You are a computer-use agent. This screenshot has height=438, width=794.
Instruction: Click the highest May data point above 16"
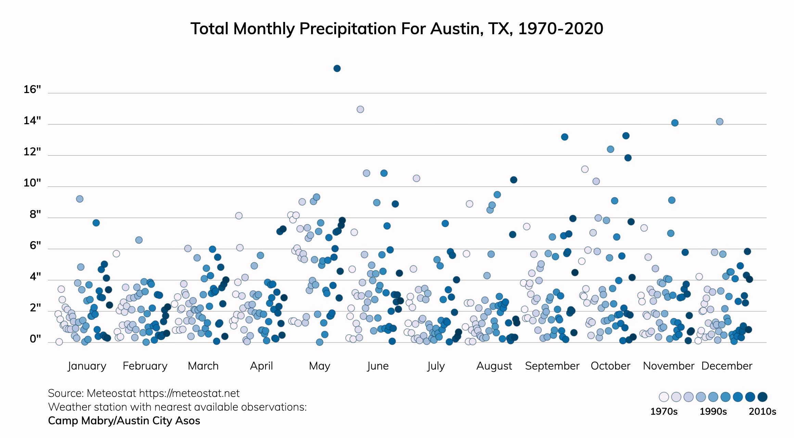337,68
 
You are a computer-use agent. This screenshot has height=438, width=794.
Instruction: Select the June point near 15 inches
360,109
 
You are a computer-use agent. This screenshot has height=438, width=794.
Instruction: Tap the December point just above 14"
719,122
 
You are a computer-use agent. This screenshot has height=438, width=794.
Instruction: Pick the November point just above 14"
675,123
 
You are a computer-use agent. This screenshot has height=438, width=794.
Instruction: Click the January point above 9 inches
79,199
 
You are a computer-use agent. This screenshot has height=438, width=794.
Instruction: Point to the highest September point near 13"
564,137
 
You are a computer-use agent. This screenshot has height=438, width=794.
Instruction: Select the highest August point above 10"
513,180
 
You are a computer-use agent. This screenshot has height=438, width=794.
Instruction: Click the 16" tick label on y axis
32,90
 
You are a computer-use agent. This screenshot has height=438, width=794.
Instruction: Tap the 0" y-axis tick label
35,339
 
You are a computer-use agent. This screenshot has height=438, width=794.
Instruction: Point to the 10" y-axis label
32,183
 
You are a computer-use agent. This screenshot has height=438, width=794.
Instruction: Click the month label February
145,366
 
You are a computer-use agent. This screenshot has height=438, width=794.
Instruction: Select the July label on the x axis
436,366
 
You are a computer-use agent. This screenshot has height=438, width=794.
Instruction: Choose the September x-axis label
552,366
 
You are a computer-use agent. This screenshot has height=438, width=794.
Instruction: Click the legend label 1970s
664,411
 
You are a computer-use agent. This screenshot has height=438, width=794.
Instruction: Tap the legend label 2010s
762,411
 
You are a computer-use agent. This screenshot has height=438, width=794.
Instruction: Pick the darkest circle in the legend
762,397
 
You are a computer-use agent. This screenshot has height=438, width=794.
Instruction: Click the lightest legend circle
664,397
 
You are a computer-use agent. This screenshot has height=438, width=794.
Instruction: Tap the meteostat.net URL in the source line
189,394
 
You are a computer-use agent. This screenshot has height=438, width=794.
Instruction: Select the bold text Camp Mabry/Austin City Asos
124,421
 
